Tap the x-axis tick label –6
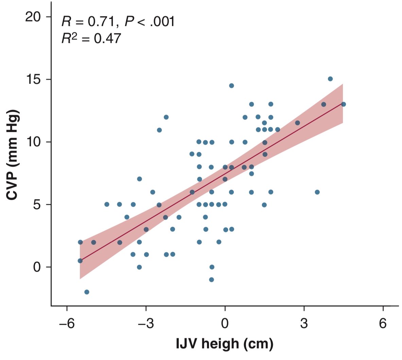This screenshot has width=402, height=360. click(x=67, y=323)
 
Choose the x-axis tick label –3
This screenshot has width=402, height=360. click(x=146, y=323)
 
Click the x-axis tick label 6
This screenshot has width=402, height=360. click(x=383, y=323)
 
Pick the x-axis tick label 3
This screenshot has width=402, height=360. click(x=304, y=323)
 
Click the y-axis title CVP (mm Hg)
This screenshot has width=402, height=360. click(x=13, y=155)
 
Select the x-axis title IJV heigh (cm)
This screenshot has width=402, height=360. click(x=225, y=344)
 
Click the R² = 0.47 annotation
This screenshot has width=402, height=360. click(x=91, y=38)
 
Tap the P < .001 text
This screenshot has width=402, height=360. click(x=150, y=22)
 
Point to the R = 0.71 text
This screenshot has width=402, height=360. click(x=89, y=22)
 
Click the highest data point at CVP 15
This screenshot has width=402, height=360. click(x=330, y=79)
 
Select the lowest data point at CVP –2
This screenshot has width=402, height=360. click(x=87, y=292)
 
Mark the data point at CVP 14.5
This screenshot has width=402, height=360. click(x=231, y=86)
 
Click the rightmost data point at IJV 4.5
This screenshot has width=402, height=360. click(x=343, y=104)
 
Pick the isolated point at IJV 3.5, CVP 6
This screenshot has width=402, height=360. click(x=317, y=192)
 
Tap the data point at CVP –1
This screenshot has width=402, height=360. click(x=211, y=280)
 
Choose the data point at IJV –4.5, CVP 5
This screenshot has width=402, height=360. click(x=107, y=204)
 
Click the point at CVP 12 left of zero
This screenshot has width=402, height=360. click(x=166, y=117)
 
